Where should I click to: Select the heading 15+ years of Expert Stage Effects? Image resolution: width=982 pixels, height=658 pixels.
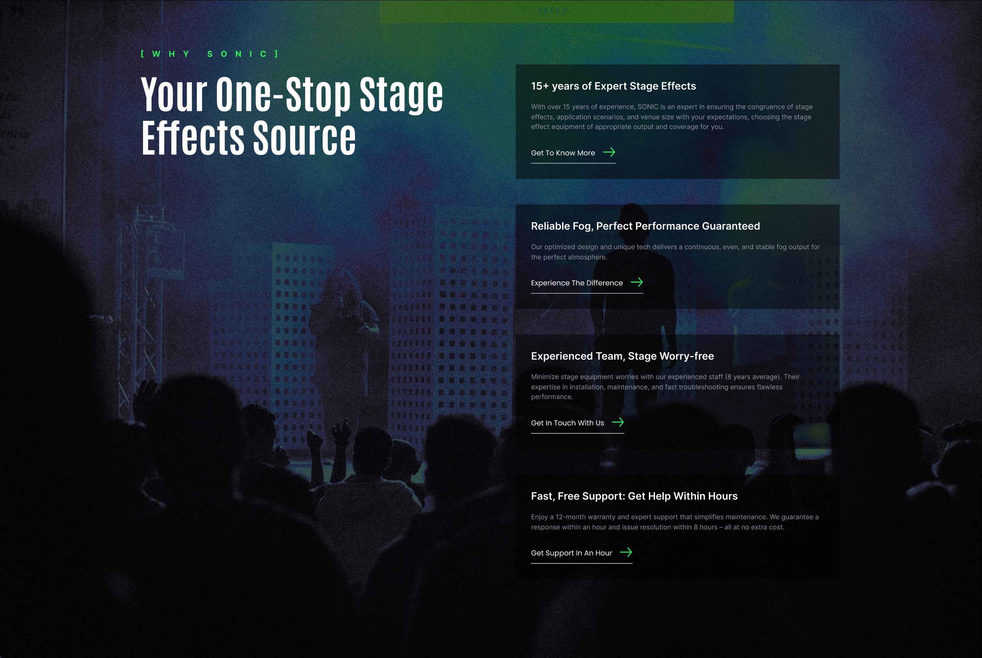[613, 86]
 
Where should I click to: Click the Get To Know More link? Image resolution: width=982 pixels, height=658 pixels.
[563, 153]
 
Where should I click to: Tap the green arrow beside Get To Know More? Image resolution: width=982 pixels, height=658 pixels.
[609, 152]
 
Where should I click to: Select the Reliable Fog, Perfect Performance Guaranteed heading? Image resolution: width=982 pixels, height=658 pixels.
[645, 226]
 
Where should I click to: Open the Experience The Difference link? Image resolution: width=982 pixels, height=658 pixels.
[577, 283]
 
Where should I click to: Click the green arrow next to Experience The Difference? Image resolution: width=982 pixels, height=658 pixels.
[637, 283]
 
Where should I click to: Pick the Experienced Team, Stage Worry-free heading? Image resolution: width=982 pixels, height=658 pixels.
[622, 356]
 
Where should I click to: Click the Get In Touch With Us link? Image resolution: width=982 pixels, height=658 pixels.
[567, 423]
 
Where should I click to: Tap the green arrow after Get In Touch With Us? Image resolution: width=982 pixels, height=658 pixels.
[618, 422]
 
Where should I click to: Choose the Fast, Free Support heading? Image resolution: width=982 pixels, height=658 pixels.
[634, 497]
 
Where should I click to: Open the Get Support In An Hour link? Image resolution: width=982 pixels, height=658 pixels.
[571, 553]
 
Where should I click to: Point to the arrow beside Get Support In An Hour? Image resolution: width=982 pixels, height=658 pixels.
[626, 552]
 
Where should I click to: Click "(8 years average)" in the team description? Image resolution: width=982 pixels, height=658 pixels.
[752, 377]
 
